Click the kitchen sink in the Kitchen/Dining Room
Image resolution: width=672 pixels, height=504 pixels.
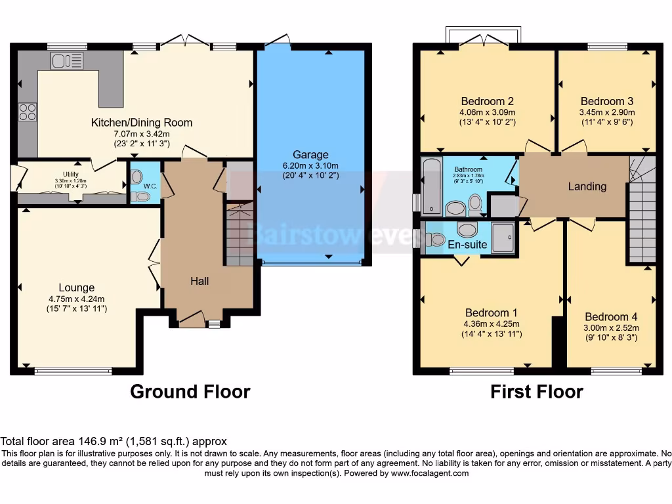[67, 61]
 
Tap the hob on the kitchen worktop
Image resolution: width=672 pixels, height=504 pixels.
[28, 112]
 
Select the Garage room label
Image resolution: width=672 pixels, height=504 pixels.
[311, 155]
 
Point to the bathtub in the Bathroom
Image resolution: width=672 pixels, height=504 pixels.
[431, 186]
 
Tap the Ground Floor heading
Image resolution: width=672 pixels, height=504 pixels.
[190, 392]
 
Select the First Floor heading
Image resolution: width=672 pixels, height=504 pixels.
[536, 392]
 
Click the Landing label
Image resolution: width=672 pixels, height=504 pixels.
[587, 186]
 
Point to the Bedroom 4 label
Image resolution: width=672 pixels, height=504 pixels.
[611, 316]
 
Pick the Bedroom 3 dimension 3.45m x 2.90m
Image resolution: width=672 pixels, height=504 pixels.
[607, 112]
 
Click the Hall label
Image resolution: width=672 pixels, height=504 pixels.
[199, 281]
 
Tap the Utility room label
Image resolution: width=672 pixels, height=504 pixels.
[71, 174]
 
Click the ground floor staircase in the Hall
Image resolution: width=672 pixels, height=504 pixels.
[240, 234]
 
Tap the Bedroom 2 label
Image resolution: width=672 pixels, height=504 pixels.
[487, 101]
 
